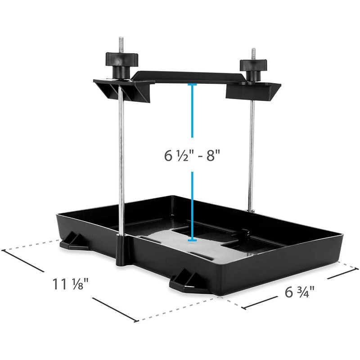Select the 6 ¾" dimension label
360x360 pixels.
tap(299, 291)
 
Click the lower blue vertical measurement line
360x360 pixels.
tap(192, 205)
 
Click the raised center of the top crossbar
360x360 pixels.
tap(193, 76)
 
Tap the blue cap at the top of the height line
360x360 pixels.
tap(192, 84)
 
